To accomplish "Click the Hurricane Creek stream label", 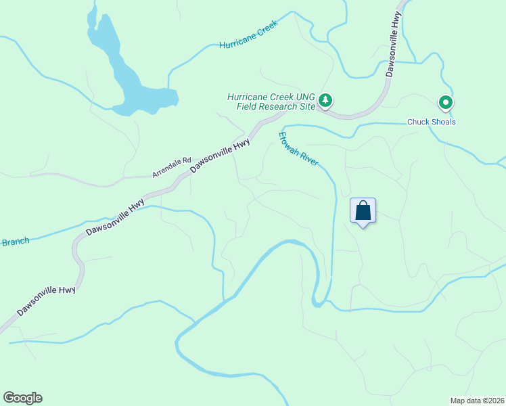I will pos(249,41).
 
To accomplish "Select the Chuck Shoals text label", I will pos(431,122).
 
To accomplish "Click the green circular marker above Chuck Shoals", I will pos(446,103).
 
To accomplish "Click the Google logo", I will pos(22,398).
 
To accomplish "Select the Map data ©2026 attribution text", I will pos(477,401).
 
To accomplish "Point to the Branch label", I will pos(15,242).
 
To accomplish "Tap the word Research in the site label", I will pos(278,106).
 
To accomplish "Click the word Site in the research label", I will pos(307,106).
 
